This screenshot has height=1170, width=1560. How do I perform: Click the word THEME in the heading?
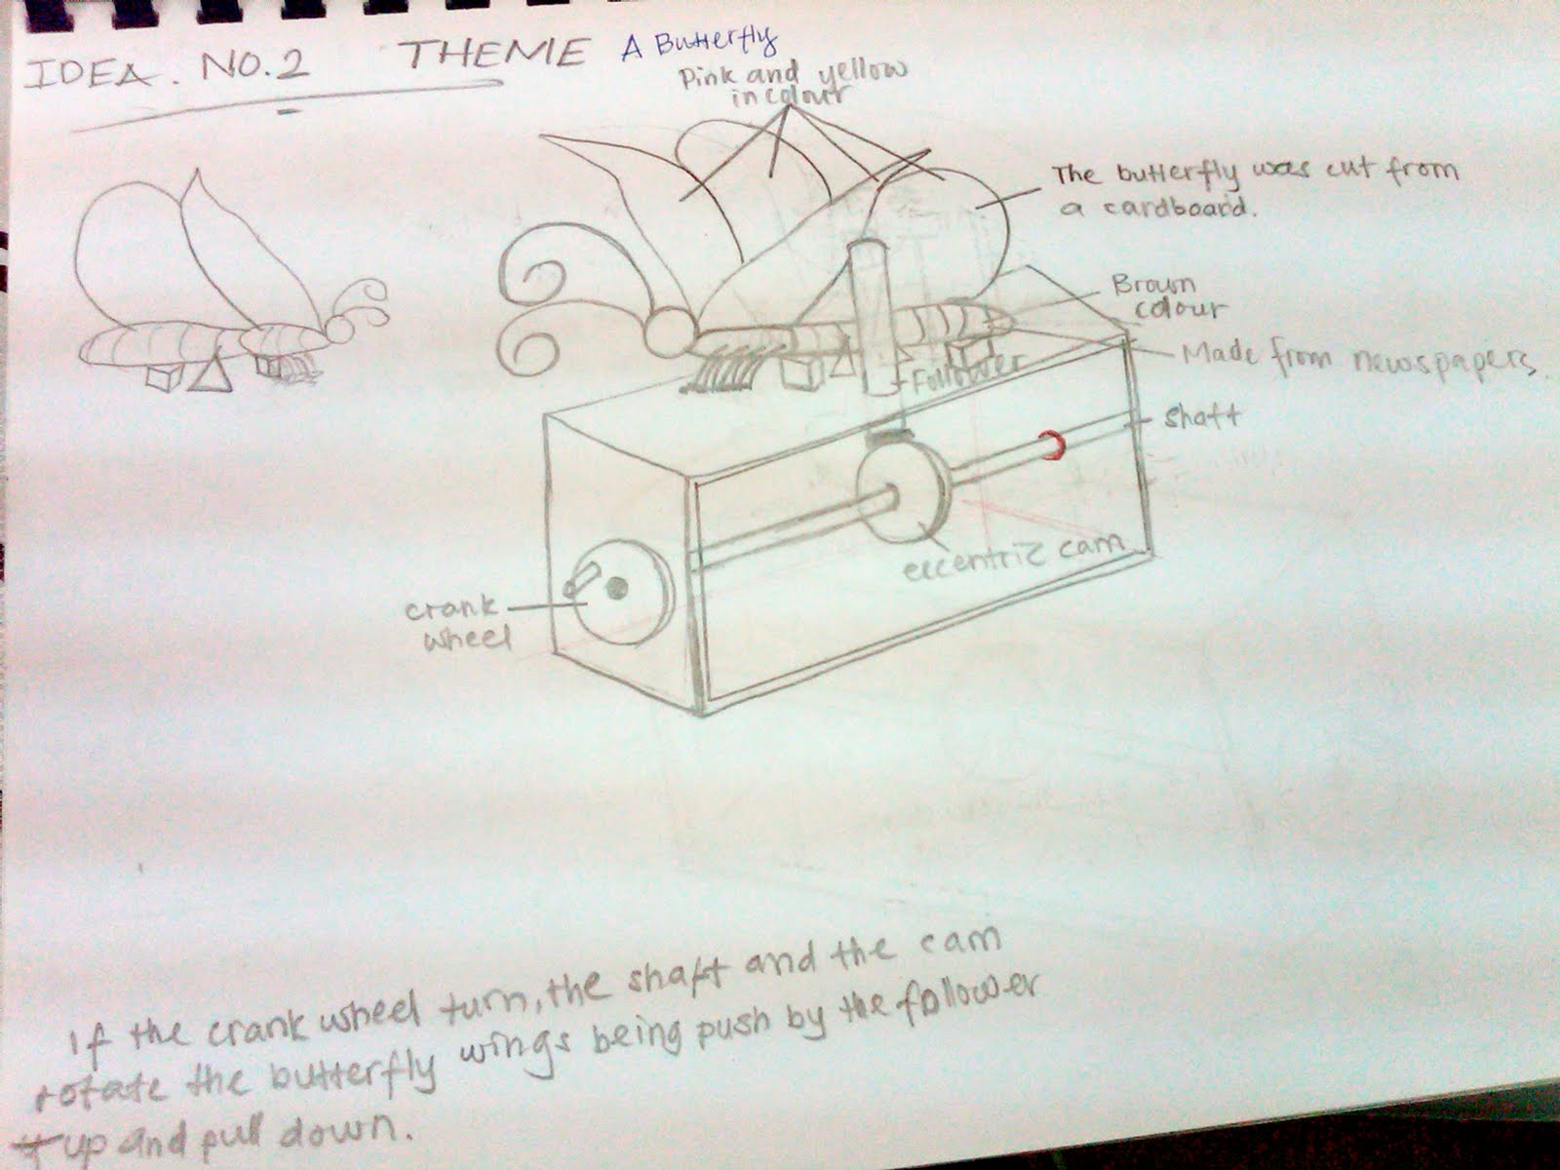point(495,54)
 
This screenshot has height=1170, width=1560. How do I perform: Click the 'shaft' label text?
point(1201,416)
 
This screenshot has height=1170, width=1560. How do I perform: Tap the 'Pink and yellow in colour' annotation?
point(792,83)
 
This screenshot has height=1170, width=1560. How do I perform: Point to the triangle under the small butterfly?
point(210,375)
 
